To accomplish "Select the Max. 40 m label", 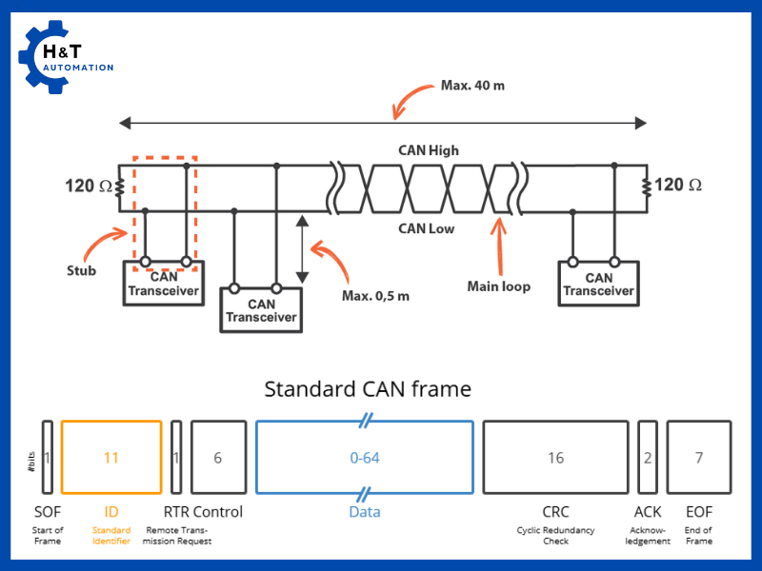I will [x=472, y=86].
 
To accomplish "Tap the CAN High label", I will [x=428, y=150].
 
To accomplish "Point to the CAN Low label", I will [x=426, y=228].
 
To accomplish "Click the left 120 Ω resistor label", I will [x=88, y=185].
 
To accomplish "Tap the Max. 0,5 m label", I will [x=375, y=295].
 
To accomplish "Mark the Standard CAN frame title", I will [x=368, y=389].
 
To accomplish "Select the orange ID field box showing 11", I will [x=111, y=458].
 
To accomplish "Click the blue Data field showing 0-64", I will [x=364, y=458].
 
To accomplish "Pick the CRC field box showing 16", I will [x=555, y=458].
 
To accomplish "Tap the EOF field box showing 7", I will [x=699, y=458].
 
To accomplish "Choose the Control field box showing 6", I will [x=218, y=458].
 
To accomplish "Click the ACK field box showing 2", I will [x=648, y=458].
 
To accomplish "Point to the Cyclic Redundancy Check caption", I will [x=555, y=536].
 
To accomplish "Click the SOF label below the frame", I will [x=47, y=512].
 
